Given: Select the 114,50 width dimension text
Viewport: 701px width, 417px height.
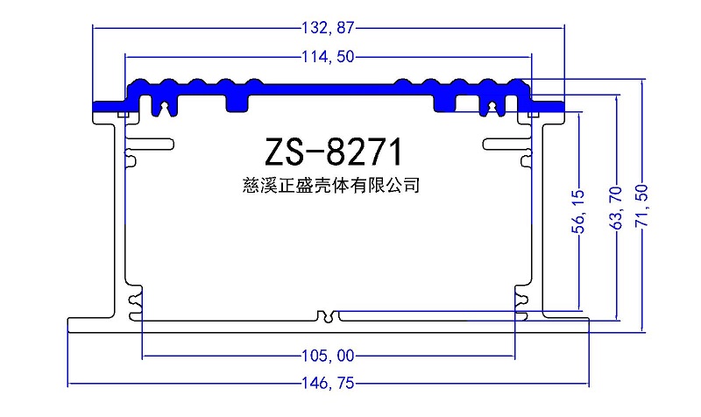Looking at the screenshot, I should point(328,58).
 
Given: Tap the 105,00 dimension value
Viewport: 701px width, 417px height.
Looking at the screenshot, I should point(328,356).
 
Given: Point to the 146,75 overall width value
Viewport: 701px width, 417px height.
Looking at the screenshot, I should point(328,384).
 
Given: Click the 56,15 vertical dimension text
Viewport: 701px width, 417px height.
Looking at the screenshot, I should point(578,211).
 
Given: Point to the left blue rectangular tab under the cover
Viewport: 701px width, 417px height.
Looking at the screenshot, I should point(237,102).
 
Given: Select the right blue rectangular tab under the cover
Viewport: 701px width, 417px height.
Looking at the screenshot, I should point(445,102).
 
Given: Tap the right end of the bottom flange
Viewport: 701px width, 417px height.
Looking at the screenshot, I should point(584,326).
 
